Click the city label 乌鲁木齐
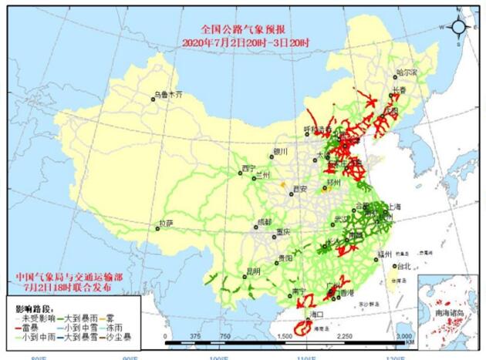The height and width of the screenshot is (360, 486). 169,95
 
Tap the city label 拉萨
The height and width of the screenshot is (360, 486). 166,223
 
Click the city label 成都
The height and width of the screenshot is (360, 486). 265,221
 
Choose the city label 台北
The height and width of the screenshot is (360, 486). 403,266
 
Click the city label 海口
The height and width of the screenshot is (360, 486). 315,316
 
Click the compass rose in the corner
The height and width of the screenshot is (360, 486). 458,28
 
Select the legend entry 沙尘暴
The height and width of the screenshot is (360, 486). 120,337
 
